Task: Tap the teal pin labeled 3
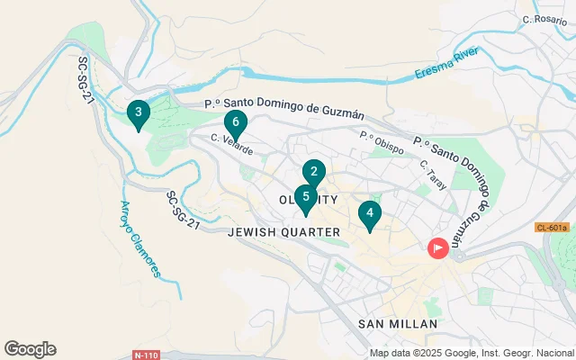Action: (x=138, y=113)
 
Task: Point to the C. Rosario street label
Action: (x=544, y=19)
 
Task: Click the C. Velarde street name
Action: (x=231, y=142)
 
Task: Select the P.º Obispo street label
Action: (x=381, y=142)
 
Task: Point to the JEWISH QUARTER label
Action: (x=284, y=232)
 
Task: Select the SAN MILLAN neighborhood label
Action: (x=397, y=324)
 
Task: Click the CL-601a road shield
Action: (x=551, y=228)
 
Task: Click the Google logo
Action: (x=30, y=349)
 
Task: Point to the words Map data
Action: (x=391, y=353)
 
